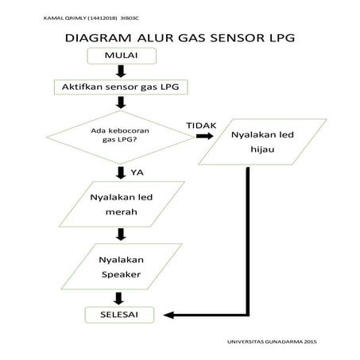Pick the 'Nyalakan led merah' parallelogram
pyautogui.click(x=120, y=205)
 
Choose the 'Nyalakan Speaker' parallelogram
pyautogui.click(x=120, y=268)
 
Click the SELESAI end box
pyautogui.click(x=119, y=315)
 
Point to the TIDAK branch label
pyautogui.click(x=201, y=126)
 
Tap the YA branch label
pyautogui.click(x=136, y=172)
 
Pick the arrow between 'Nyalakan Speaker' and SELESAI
pyautogui.click(x=120, y=298)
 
